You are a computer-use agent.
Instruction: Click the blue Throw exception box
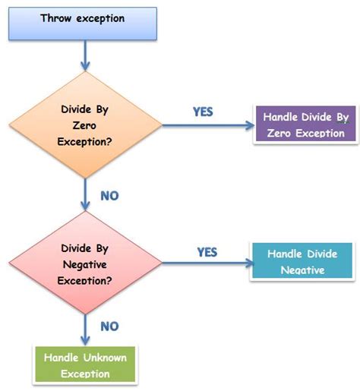[x=82, y=23]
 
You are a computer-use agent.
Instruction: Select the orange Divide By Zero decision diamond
[x=84, y=125]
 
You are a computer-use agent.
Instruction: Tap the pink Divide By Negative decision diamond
[x=84, y=262]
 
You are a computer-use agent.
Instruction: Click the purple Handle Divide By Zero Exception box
[x=305, y=125]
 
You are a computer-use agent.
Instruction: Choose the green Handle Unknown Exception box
[x=85, y=364]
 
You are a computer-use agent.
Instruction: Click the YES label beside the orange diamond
[x=203, y=112]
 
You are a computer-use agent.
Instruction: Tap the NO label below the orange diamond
[x=110, y=197]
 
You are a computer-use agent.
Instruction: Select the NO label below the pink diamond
[x=109, y=326]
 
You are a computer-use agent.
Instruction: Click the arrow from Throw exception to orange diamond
[x=84, y=55]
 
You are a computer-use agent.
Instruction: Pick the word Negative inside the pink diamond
[x=84, y=263]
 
